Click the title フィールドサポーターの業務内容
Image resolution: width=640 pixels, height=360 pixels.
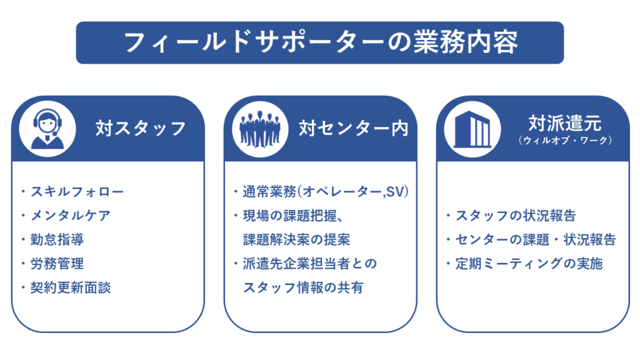(321, 43)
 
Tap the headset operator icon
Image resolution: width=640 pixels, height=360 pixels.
(47, 129)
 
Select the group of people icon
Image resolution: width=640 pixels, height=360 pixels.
(260, 129)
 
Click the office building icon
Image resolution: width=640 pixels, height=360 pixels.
(472, 129)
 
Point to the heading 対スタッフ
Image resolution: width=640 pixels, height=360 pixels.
(141, 128)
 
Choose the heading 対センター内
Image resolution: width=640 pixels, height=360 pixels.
(354, 128)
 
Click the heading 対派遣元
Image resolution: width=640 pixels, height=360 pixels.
(565, 123)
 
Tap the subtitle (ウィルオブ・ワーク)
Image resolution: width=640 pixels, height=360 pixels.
(565, 141)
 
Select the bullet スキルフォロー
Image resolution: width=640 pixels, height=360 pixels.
(77, 191)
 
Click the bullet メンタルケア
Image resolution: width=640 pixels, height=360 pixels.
(71, 216)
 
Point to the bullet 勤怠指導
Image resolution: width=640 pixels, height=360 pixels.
(57, 239)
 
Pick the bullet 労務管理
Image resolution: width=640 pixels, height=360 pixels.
(57, 264)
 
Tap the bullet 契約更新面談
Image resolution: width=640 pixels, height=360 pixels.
(71, 287)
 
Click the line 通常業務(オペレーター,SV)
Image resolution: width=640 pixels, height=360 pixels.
(326, 191)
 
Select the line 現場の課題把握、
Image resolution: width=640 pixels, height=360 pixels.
(292, 216)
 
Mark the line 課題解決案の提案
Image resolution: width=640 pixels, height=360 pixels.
(297, 239)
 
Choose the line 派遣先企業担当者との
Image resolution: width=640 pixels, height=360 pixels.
(310, 264)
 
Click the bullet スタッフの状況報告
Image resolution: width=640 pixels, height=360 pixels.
(516, 216)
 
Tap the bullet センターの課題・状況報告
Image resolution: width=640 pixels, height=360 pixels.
(536, 239)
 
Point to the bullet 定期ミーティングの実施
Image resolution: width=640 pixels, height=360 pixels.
(529, 264)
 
